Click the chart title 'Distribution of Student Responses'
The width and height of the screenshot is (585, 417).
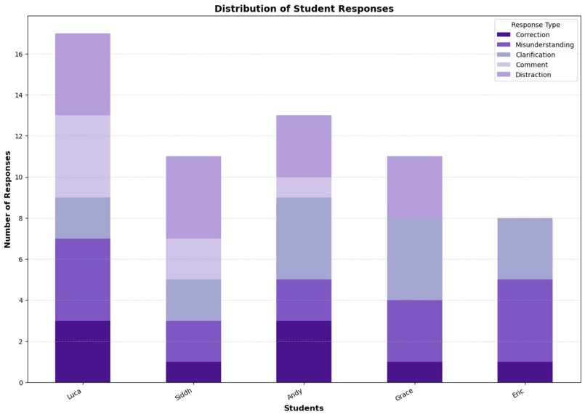(x=304, y=9)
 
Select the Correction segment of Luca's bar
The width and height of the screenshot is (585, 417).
(x=83, y=352)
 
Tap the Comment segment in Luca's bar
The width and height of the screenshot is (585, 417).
(x=83, y=156)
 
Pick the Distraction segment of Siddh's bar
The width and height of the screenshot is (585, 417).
(x=193, y=197)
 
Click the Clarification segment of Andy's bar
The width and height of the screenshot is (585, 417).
(x=304, y=239)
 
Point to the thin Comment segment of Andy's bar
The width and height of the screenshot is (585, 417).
(x=304, y=187)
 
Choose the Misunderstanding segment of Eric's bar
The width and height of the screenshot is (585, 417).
(x=525, y=321)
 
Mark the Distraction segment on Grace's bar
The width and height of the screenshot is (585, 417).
(x=414, y=187)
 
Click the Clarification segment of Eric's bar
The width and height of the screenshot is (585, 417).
(x=525, y=249)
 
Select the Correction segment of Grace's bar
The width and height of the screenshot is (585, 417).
(x=414, y=372)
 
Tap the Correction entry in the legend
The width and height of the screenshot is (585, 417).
(x=533, y=34)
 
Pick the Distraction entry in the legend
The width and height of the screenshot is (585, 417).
(x=533, y=74)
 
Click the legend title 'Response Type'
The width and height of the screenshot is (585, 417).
(x=536, y=25)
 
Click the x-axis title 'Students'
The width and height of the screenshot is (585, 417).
(x=304, y=409)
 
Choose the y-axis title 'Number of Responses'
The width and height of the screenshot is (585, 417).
(x=9, y=199)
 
